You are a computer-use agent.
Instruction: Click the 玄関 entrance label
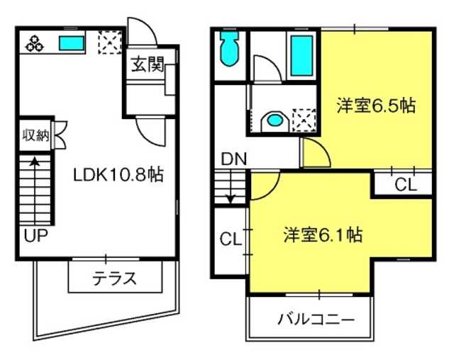point(148,64)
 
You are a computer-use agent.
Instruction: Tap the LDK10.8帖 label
point(118,174)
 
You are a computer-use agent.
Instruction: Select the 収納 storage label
point(36,135)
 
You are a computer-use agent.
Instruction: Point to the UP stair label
point(35,236)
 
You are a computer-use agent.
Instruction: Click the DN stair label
point(234,159)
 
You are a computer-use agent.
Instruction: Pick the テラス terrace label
point(114,279)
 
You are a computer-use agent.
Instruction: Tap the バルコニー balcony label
point(316,320)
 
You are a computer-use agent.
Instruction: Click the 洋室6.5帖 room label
point(376,106)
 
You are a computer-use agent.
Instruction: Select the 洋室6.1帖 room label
point(323,235)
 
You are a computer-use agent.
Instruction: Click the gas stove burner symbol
point(35,43)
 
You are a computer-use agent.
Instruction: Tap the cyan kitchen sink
point(72,43)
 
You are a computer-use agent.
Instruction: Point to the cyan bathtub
point(301,56)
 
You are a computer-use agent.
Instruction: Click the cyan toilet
point(230,49)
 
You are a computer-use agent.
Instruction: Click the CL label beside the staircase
point(231,239)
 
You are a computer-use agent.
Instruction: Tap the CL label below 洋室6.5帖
point(405,184)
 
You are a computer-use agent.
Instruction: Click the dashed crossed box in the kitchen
point(110,43)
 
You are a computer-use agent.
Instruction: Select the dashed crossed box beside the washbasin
point(304,120)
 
